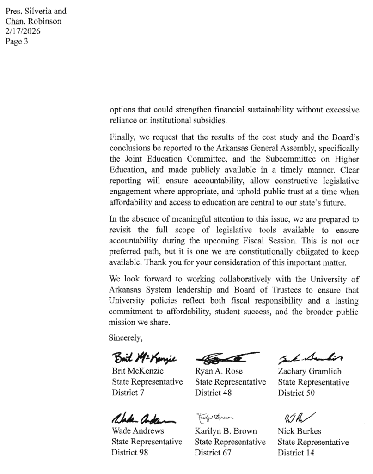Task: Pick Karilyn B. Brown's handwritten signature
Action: pos(216,418)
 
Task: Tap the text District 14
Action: pos(296,453)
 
